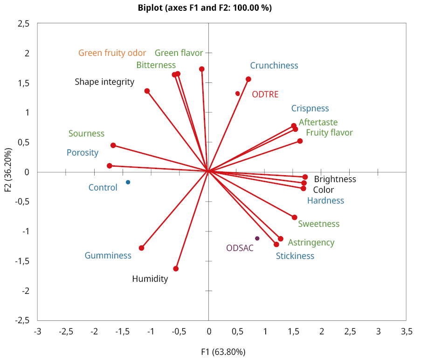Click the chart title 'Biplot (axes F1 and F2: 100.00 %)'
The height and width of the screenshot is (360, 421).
click(x=205, y=8)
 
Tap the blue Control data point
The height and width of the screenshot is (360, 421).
click(x=128, y=182)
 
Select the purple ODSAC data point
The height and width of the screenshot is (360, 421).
click(x=257, y=238)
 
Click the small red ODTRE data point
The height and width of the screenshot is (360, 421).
click(x=238, y=94)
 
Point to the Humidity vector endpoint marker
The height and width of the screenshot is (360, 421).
click(x=176, y=269)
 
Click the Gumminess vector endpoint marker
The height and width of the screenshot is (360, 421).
click(x=142, y=248)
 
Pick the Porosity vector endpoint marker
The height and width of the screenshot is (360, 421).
click(x=110, y=166)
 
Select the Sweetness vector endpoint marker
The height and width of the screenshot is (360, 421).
click(x=295, y=217)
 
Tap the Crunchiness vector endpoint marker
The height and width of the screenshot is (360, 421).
click(x=248, y=79)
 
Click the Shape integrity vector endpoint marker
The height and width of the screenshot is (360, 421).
click(x=147, y=91)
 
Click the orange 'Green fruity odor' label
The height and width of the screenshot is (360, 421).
click(x=112, y=53)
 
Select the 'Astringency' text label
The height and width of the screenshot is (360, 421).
click(x=311, y=243)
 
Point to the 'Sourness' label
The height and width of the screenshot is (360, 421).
click(x=86, y=134)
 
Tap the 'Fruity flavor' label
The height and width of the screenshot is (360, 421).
click(x=329, y=133)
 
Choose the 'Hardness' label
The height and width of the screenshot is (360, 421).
click(x=325, y=201)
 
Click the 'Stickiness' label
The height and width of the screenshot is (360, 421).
click(x=295, y=256)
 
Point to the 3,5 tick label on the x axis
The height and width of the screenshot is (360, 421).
click(x=407, y=332)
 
